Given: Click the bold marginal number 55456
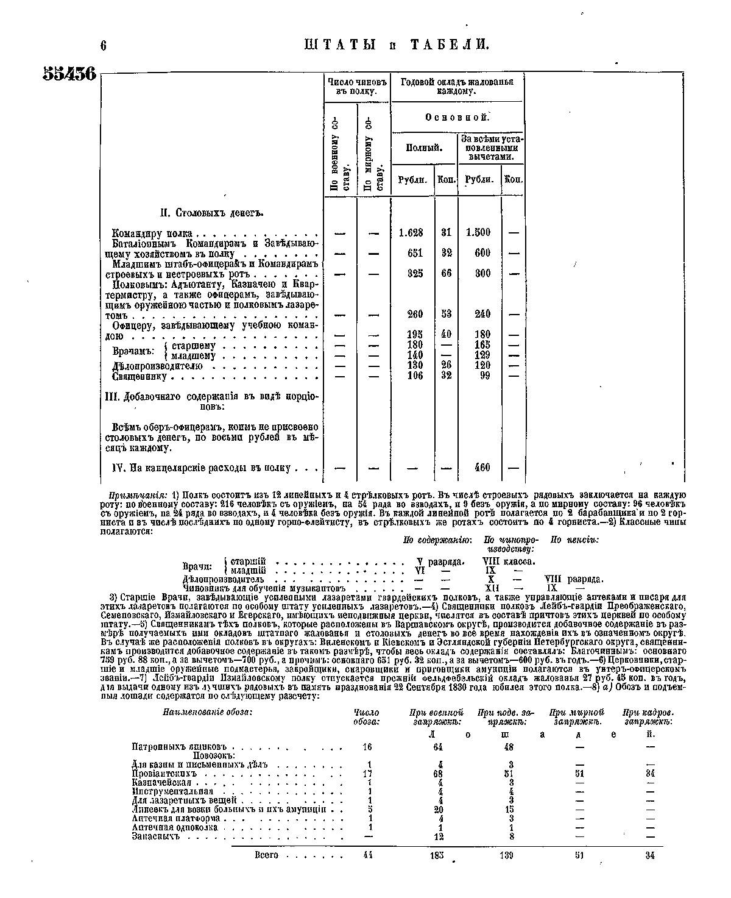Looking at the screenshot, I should (x=69, y=73).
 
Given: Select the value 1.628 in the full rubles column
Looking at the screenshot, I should (x=411, y=233).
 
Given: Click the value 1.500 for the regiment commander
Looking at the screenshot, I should (x=478, y=233).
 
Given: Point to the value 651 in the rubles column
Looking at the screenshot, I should (x=415, y=254).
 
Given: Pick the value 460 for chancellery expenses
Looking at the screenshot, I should (x=482, y=468).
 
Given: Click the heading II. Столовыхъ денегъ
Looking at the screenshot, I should (x=208, y=213).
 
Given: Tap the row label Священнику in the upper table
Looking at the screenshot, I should (x=140, y=377).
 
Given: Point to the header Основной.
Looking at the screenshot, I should (x=456, y=117).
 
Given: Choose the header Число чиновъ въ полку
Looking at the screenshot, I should (x=357, y=86).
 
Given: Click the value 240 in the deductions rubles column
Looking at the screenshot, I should (x=482, y=314).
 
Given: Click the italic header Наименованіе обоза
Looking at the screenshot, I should (x=207, y=712).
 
